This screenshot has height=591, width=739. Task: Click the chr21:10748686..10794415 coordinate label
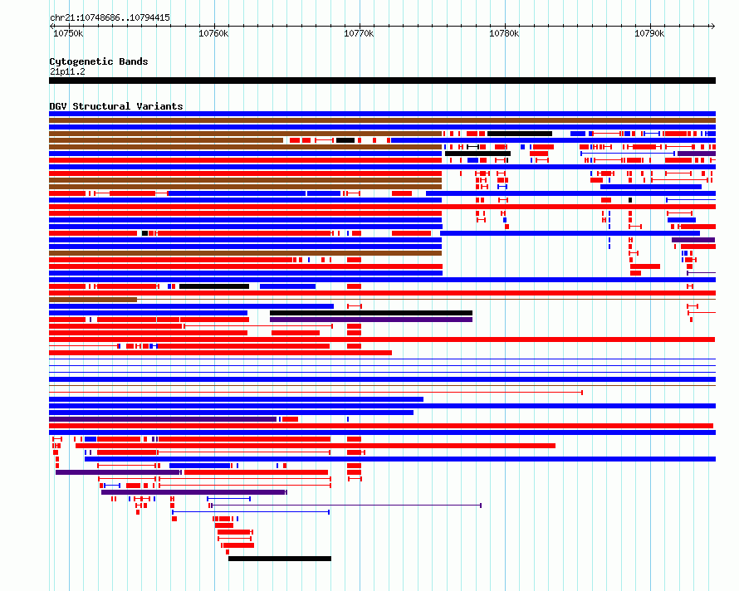(x=110, y=18)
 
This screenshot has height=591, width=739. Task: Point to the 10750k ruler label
(x=68, y=33)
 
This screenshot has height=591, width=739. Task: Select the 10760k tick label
(x=213, y=33)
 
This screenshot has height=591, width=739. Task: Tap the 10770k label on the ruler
(x=359, y=33)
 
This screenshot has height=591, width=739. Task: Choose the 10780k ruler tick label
(x=504, y=33)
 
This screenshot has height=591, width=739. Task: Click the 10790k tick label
(x=649, y=33)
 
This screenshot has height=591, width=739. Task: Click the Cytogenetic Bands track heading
(x=99, y=61)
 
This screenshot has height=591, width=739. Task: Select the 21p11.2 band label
(x=67, y=71)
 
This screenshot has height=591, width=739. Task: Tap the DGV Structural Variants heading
(x=116, y=106)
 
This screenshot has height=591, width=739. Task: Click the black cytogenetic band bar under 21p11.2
(x=382, y=81)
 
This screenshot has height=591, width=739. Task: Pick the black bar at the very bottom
(x=280, y=559)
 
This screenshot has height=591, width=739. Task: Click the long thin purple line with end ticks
(x=346, y=506)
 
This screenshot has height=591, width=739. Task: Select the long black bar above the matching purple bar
(x=371, y=313)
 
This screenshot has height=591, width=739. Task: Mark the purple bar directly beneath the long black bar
(x=371, y=320)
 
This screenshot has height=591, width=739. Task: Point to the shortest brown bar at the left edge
(x=93, y=300)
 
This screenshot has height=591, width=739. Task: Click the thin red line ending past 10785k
(x=316, y=393)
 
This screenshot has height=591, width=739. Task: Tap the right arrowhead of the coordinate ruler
(x=713, y=26)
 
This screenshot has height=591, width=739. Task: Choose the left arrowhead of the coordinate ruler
(x=51, y=26)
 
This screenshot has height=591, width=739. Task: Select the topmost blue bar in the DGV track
(x=382, y=114)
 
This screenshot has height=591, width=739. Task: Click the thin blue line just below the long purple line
(x=251, y=512)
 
